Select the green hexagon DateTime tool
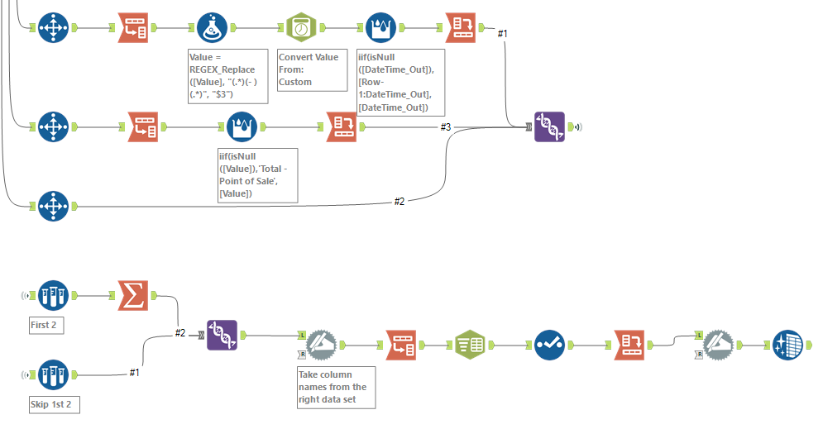(301, 27)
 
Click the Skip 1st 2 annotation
(50, 404)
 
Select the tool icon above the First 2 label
(54, 295)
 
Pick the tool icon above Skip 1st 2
(54, 375)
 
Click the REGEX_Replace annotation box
(228, 76)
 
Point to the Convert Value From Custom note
(311, 69)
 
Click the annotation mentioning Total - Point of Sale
(256, 174)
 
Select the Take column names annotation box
(335, 387)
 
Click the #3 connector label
(445, 126)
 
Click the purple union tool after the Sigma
(222, 336)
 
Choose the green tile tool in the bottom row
(471, 345)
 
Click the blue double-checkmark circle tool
(549, 345)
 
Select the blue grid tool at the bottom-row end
(787, 345)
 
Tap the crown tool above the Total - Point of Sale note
(242, 127)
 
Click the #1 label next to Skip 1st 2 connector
(134, 373)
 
